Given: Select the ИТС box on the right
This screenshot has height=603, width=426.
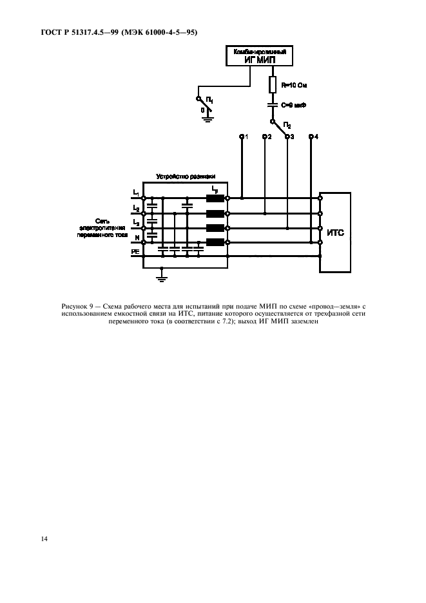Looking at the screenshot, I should coord(335,233).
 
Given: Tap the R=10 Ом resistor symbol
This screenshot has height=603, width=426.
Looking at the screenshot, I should coord(271,84).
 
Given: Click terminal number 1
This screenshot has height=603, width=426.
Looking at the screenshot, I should coord(243,137).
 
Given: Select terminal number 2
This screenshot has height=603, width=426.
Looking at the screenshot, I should coord(266,137).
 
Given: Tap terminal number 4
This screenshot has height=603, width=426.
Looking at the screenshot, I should coord(313,137).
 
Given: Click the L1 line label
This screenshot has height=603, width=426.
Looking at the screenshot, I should coord(135,193).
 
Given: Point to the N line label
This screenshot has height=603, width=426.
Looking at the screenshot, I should coord(136,238).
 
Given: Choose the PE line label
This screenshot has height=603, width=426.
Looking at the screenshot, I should coord(135,251).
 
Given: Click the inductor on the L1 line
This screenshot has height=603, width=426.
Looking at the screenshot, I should coord(215,198).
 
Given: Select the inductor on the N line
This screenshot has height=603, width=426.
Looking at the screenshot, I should coord(215,242).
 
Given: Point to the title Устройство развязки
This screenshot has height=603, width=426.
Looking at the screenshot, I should coord(185,176).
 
